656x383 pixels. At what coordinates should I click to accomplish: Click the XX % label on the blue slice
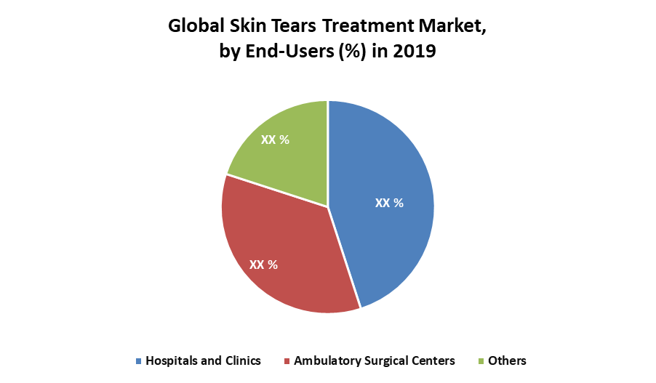pos(389,203)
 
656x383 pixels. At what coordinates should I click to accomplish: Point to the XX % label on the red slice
pos(263,265)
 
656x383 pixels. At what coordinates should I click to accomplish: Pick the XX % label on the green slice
pos(275,140)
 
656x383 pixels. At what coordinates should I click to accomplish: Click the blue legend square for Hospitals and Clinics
pos(138,361)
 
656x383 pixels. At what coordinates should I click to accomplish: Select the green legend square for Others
pos(481,361)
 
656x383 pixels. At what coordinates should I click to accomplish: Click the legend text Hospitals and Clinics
pos(203,360)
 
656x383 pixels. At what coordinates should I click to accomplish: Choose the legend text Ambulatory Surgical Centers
pos(374,360)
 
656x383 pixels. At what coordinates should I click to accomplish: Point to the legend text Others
pos(507,360)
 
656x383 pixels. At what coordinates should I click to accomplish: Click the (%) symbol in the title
pos(353,52)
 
